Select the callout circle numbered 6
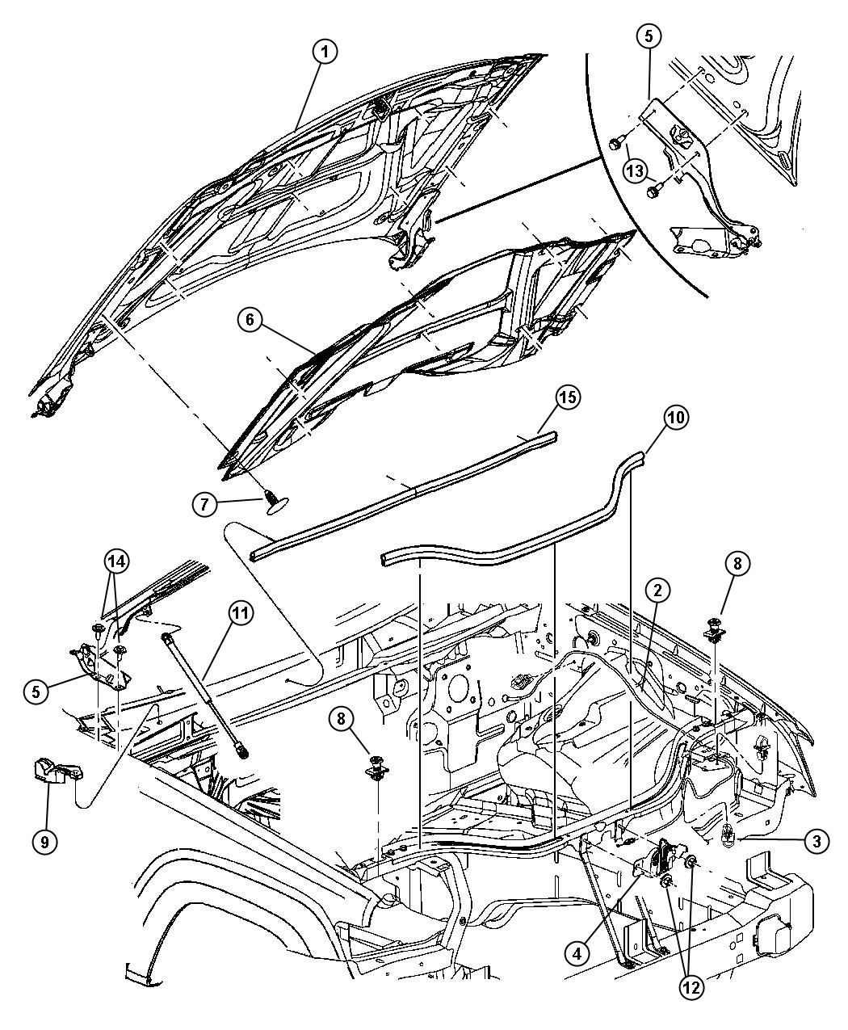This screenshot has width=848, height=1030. pos(250,320)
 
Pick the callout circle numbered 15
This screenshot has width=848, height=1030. pos(569,397)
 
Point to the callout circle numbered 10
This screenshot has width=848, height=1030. pos(676,418)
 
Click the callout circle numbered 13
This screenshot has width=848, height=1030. pos(635,170)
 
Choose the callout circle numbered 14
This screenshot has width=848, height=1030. pos(116,561)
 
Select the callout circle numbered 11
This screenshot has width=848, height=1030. pos(240,614)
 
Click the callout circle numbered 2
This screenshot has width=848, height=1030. pos(657,591)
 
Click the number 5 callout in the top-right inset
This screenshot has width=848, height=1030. pos(649,36)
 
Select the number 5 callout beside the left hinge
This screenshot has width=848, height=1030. pos(36,692)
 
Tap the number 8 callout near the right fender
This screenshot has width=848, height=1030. pos(737,564)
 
